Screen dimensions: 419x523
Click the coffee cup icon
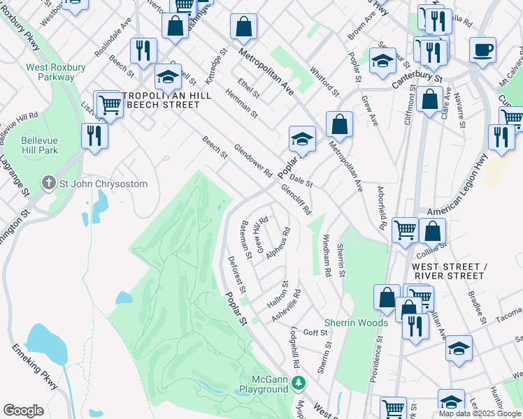pos(482,51)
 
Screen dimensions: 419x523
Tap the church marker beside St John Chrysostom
pos(48,184)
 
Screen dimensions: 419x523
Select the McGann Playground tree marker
pos(299,382)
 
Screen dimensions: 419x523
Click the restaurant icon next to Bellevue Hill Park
pos(94,134)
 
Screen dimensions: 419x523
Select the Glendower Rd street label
pos(252,161)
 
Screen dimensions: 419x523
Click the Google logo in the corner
pos(23,410)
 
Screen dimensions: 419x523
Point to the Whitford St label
pos(326,82)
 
